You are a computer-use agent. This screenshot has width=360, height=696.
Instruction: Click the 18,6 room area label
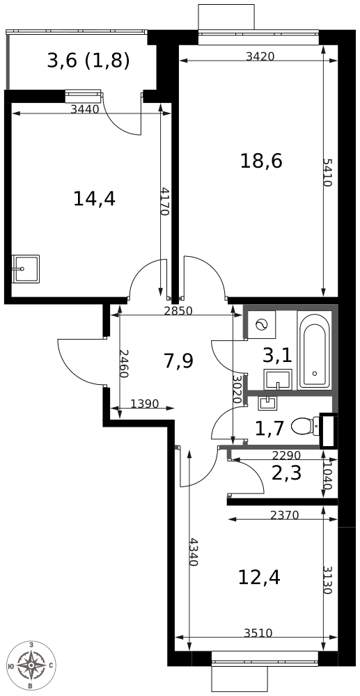point(261,161)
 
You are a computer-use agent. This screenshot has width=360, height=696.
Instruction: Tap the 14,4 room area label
point(94,198)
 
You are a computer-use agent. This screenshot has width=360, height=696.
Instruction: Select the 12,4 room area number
point(259,577)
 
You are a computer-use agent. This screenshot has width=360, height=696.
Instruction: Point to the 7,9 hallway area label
point(178,361)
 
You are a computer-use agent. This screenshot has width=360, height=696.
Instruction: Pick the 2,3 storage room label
point(286,473)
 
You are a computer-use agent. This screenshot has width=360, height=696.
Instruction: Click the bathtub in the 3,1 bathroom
point(314,351)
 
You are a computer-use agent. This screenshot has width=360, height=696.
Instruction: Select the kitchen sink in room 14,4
point(25,269)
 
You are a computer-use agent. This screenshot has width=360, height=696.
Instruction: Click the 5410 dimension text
point(327,173)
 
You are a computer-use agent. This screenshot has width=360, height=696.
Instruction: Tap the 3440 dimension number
point(84,109)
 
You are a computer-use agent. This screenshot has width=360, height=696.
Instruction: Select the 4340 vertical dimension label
point(194,552)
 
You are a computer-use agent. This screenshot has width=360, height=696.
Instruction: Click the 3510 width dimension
point(258,633)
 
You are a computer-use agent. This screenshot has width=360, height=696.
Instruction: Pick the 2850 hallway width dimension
point(178,310)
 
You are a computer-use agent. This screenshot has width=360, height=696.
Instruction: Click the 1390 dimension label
point(145,404)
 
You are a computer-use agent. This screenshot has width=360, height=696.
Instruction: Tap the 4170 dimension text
point(164,200)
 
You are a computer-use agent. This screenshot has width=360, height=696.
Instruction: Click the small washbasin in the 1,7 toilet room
point(268,402)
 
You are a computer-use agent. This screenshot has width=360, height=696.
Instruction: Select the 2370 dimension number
point(285,515)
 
